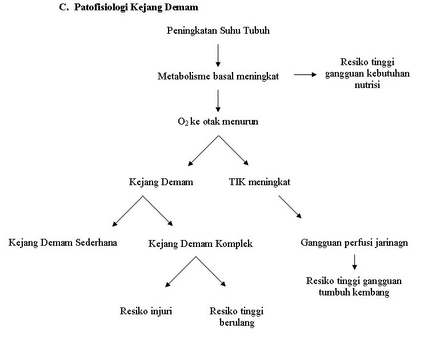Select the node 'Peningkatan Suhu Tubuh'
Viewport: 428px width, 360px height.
pyautogui.click(x=218, y=31)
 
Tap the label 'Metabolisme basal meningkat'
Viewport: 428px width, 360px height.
pyautogui.click(x=218, y=76)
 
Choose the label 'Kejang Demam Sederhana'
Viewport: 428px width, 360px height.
pyautogui.click(x=63, y=242)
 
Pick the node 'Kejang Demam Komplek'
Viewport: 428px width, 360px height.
pyautogui.click(x=200, y=243)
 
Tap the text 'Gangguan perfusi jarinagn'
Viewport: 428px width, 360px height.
pyautogui.click(x=354, y=242)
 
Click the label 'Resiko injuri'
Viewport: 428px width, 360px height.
pyautogui.click(x=146, y=311)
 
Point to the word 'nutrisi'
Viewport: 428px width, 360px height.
pyautogui.click(x=367, y=85)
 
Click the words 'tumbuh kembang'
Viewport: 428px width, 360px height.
pyautogui.click(x=354, y=292)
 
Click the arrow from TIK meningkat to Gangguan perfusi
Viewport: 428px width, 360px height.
pyautogui.click(x=290, y=207)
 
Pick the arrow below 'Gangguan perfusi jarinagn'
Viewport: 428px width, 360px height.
pyautogui.click(x=354, y=261)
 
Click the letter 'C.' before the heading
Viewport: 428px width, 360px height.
pyautogui.click(x=63, y=9)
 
